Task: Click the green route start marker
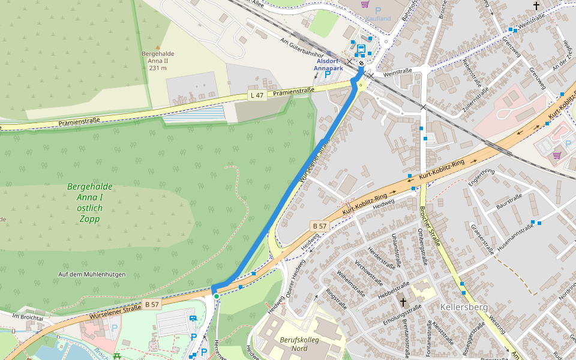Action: click(216, 296)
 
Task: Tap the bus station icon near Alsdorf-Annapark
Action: click(361, 49)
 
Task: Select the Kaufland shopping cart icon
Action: click(365, 4)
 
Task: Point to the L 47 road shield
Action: click(257, 95)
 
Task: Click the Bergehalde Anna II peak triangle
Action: click(158, 47)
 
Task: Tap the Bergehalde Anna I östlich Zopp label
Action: click(90, 203)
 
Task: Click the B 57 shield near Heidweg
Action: click(319, 226)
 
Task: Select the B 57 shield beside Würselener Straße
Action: click(152, 304)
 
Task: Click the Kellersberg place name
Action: click(464, 307)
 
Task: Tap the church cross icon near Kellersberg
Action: click(403, 303)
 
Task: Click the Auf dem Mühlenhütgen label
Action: click(92, 274)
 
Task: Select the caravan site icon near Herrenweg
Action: click(193, 319)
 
